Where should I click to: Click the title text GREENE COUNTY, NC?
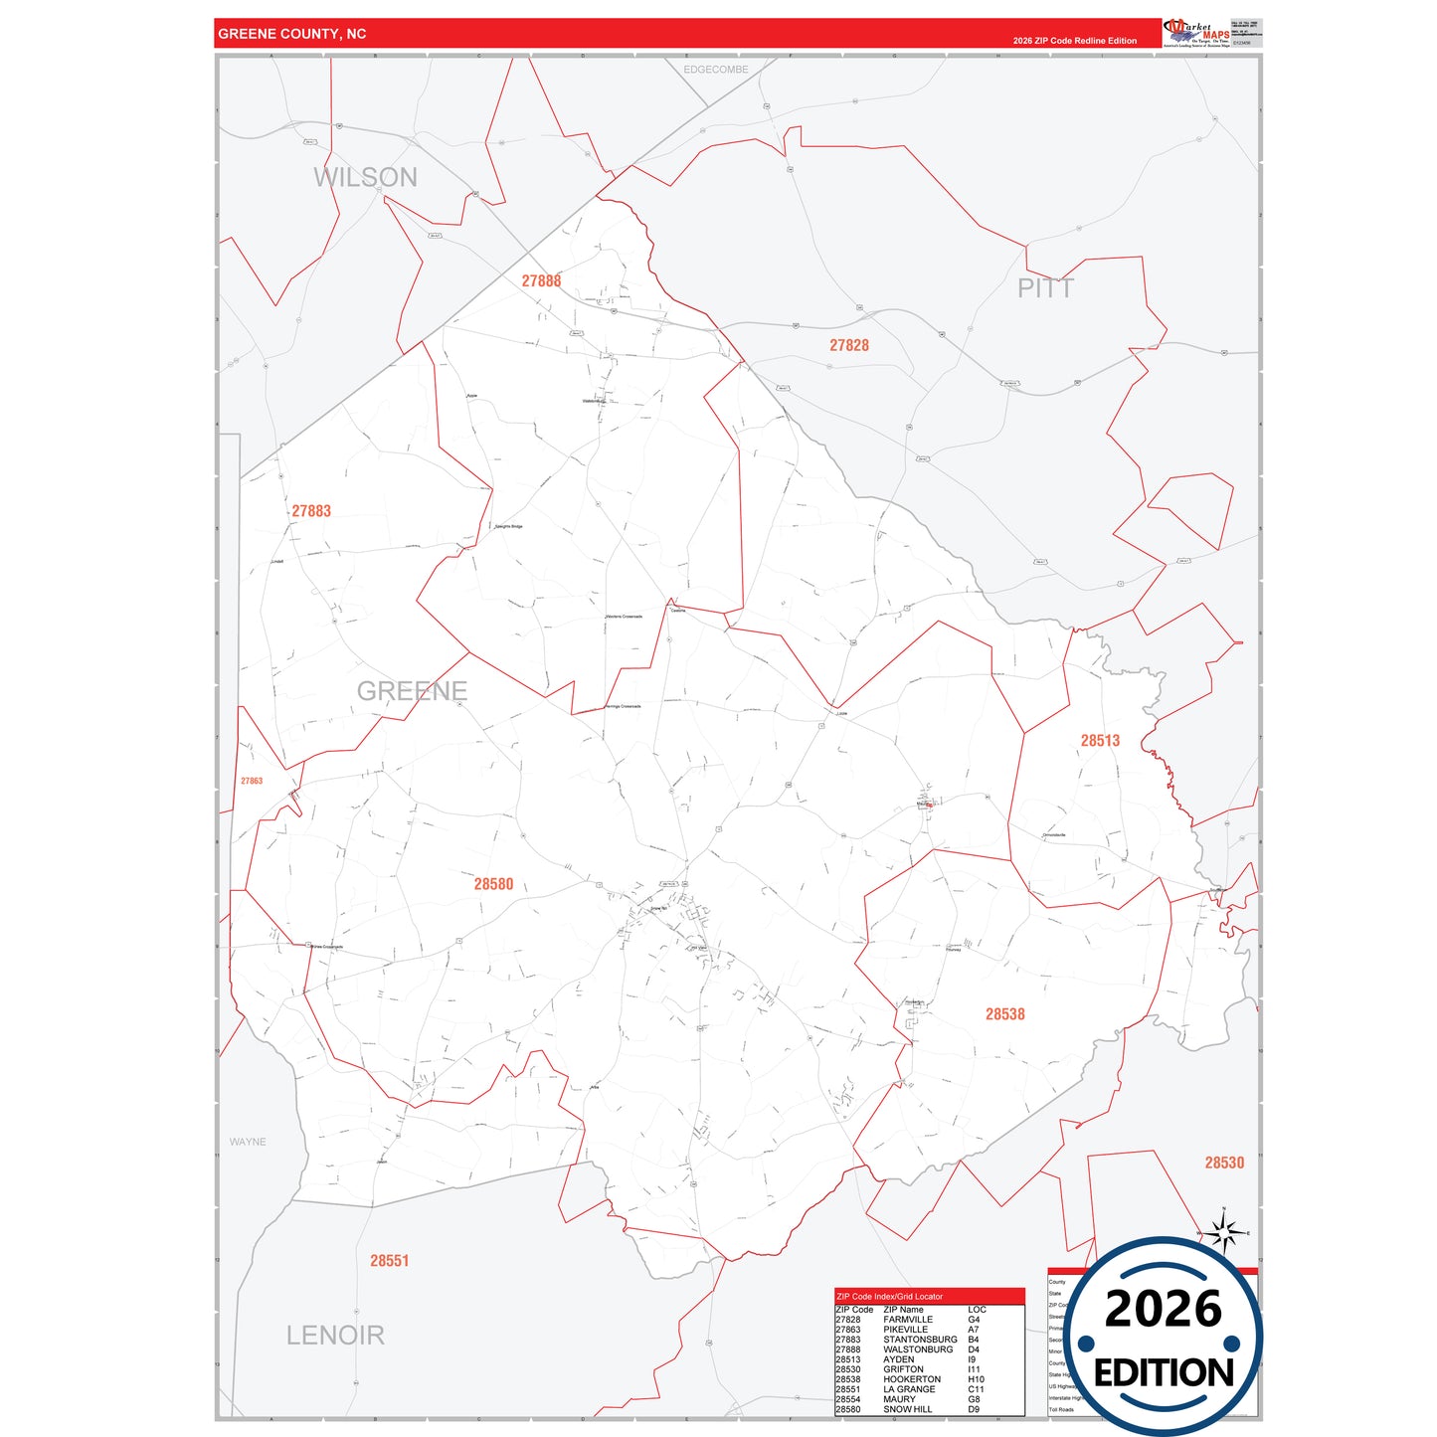pos(292,34)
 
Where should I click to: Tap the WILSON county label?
pos(365,177)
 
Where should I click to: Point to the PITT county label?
pos(1045,288)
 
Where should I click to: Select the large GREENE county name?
pos(412,690)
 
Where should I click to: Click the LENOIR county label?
pos(335,1335)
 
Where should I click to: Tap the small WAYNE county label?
pos(248,1142)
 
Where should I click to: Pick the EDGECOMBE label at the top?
pos(716,70)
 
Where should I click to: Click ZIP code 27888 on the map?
pos(541,281)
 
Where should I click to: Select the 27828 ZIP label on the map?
pos(849,345)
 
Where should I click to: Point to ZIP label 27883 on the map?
pos(311,511)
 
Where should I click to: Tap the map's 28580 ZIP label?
pos(493,884)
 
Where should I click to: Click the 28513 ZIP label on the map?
pos(1100,741)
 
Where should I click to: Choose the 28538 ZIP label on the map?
pos(1004,1014)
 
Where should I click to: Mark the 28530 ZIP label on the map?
pos(1224,1163)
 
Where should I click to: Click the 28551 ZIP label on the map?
pos(390,1261)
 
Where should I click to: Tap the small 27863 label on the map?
pos(252,781)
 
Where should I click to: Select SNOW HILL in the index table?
pos(908,1409)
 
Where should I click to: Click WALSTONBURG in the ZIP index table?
pos(918,1349)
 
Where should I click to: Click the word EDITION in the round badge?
pos(1164,1373)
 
